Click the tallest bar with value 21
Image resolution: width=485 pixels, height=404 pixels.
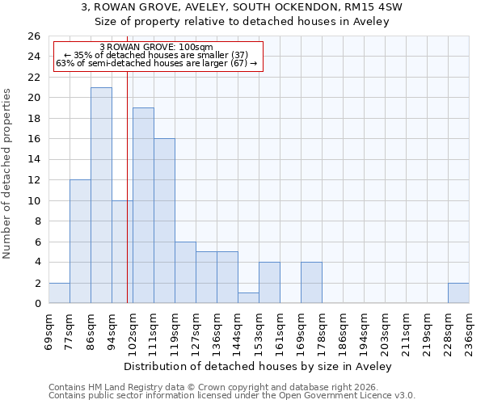[x=101, y=196]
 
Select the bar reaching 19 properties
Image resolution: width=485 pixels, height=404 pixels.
[x=143, y=205]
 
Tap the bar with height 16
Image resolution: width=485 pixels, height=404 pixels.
[x=164, y=221]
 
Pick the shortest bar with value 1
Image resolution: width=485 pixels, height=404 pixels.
[x=248, y=298]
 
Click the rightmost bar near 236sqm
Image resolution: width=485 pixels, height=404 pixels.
[x=458, y=293]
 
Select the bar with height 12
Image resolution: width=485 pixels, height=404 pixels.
[x=80, y=242]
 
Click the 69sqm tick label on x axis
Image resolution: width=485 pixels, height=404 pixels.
[x=48, y=330]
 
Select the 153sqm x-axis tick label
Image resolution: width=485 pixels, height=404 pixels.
[x=259, y=330]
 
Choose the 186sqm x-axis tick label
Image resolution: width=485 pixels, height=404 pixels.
[x=343, y=330]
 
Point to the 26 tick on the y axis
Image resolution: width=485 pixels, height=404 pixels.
[x=33, y=36]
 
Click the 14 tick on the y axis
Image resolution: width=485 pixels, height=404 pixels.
[x=33, y=160]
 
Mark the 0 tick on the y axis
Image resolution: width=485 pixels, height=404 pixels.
[x=36, y=304]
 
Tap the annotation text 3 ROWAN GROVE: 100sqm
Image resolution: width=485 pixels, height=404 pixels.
[x=157, y=48]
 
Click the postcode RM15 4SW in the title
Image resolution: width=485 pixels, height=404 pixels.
[x=376, y=6]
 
